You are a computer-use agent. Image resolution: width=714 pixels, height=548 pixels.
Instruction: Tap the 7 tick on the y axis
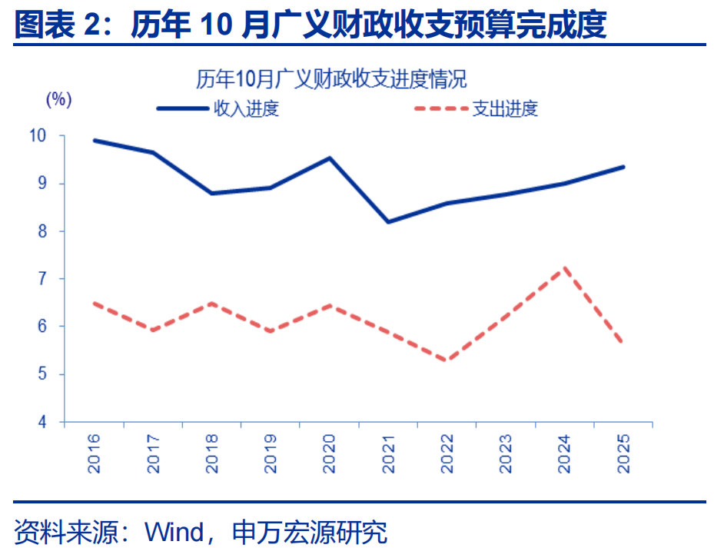click(43, 279)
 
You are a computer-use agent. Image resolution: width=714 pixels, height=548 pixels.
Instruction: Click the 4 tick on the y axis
click(43, 422)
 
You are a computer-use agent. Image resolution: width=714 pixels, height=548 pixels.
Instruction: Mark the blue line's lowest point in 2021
click(388, 221)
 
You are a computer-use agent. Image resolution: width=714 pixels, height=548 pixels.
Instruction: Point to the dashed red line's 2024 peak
click(566, 268)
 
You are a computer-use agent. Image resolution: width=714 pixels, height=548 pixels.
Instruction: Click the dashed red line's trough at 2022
click(447, 360)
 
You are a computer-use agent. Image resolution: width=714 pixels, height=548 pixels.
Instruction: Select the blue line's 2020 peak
click(330, 158)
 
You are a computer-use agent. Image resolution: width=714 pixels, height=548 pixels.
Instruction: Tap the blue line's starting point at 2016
click(94, 141)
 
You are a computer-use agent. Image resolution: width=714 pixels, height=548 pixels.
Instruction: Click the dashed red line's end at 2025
click(623, 343)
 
